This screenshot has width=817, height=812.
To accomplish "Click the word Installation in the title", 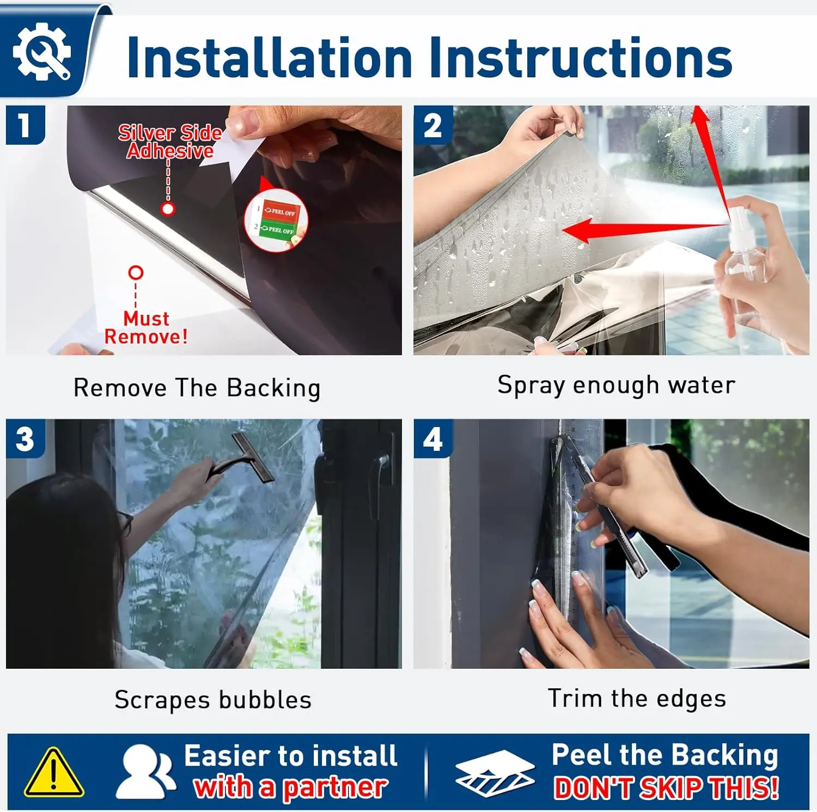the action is pyautogui.click(x=269, y=57).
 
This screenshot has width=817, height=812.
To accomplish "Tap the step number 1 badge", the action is pyautogui.click(x=25, y=125).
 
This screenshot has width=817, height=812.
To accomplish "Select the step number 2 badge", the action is pyautogui.click(x=433, y=125).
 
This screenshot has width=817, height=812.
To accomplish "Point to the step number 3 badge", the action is pyautogui.click(x=25, y=439).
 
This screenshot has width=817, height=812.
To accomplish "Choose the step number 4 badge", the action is pyautogui.click(x=433, y=439).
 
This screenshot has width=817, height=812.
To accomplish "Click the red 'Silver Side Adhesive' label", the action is pyautogui.click(x=170, y=142).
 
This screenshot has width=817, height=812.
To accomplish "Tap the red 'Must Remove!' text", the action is pyautogui.click(x=146, y=327).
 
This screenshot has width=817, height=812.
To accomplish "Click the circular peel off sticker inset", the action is pyautogui.click(x=276, y=220).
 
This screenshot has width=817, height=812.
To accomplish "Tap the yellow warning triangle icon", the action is pyautogui.click(x=53, y=772).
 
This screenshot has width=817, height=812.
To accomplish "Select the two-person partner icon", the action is pyautogui.click(x=145, y=772).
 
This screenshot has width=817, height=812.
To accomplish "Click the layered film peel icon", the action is pyautogui.click(x=495, y=773).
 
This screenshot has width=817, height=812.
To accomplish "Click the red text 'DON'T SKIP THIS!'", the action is pyautogui.click(x=666, y=788).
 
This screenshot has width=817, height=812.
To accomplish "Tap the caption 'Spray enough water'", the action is pyautogui.click(x=616, y=386).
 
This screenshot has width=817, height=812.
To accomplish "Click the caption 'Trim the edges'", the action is pyautogui.click(x=637, y=699).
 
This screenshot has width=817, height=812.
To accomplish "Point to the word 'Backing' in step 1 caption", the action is pyautogui.click(x=273, y=388).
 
